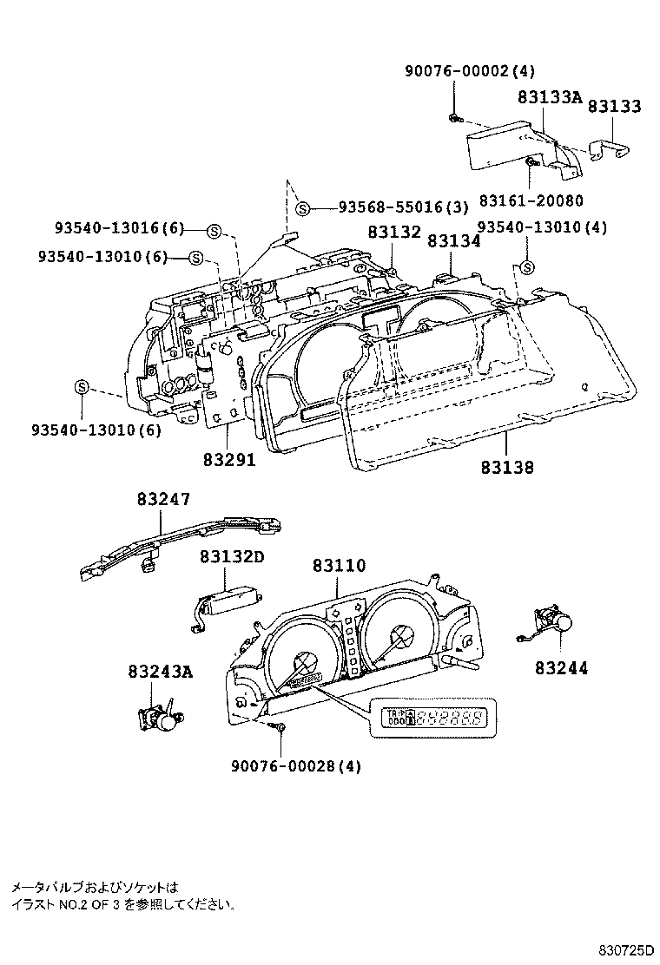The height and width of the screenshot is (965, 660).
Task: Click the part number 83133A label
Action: (x=551, y=100)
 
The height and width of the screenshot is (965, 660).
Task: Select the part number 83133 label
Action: (x=614, y=106)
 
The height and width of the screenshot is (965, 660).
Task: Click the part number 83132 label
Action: (x=393, y=233)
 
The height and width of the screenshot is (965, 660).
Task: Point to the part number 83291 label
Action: (x=229, y=459)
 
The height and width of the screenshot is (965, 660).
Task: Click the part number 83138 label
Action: (x=506, y=467)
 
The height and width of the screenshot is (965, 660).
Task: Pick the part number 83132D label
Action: (x=231, y=557)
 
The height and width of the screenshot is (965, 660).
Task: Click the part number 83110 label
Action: (x=340, y=565)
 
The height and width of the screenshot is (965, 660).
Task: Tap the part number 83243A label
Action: (x=160, y=671)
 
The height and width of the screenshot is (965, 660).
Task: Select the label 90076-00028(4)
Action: (x=295, y=765)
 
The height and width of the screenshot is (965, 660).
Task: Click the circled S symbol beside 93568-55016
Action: (x=301, y=207)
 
